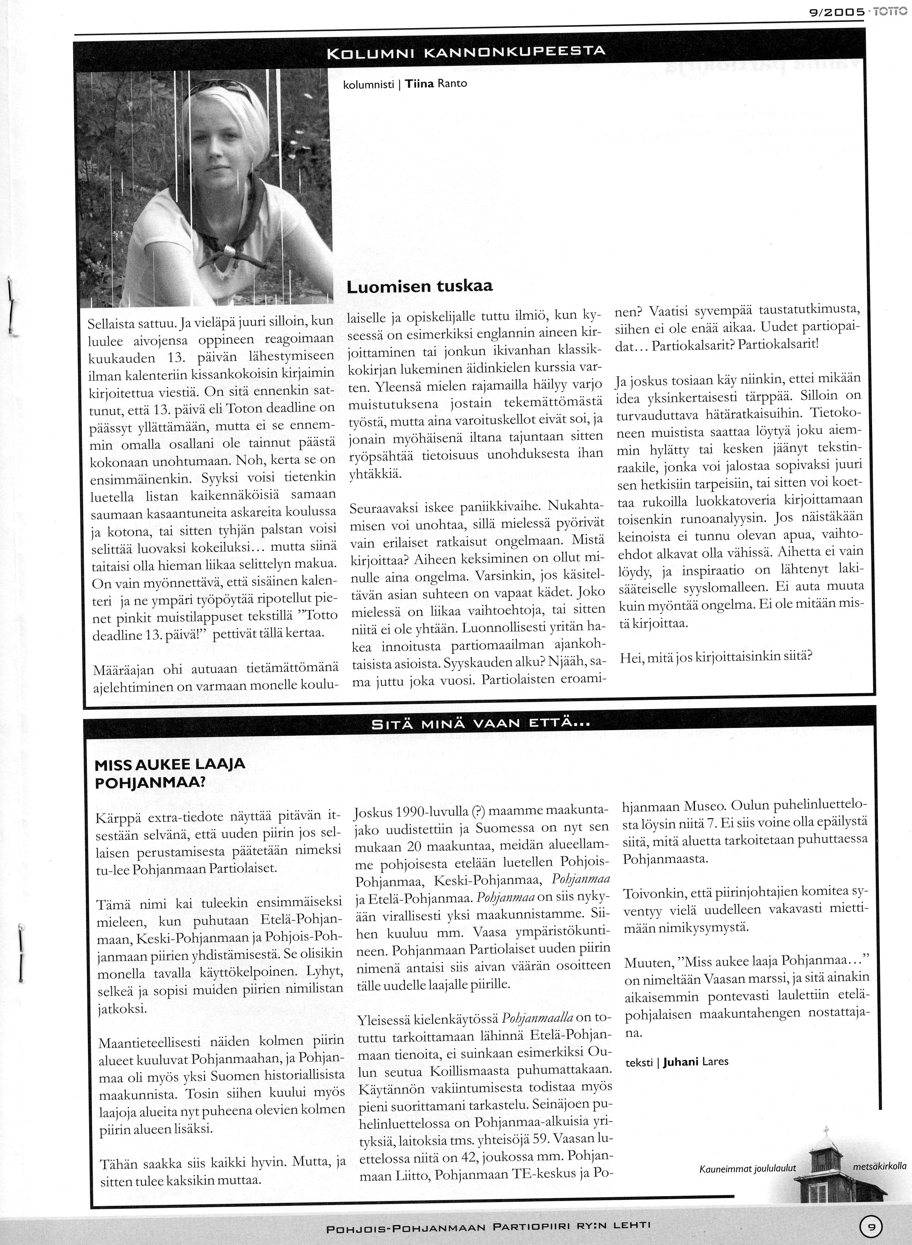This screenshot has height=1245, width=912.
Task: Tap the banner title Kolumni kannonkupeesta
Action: pyautogui.click(x=466, y=53)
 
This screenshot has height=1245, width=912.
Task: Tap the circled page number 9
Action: pyautogui.click(x=871, y=1225)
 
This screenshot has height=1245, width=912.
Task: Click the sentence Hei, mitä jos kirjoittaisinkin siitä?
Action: pyautogui.click(x=716, y=657)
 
